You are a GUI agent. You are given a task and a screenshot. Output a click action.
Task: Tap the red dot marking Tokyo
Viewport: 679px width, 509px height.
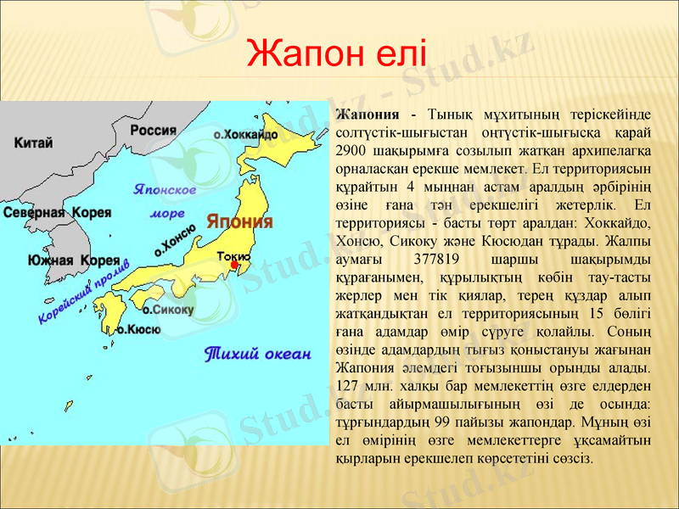pos(234,265)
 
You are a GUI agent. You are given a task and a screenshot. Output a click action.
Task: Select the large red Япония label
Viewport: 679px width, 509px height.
pos(240,222)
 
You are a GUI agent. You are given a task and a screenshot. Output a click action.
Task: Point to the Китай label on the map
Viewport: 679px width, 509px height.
pos(34,143)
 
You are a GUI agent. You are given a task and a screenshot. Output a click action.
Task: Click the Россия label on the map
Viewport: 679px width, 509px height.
pos(153,130)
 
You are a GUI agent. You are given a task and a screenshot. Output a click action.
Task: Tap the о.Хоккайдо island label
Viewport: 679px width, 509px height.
pos(245,134)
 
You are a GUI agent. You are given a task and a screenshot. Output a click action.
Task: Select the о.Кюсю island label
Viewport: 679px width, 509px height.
pos(138,329)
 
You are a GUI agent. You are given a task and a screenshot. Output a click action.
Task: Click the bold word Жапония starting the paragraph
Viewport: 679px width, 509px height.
pos(368,115)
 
